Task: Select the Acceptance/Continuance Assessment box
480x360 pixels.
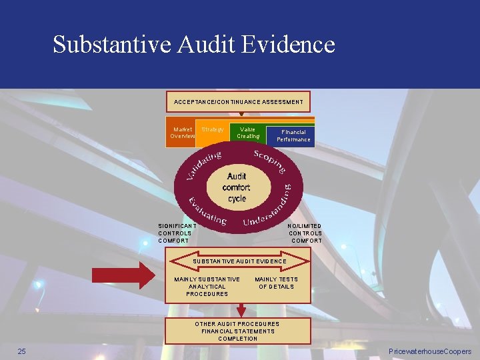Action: click(x=238, y=102)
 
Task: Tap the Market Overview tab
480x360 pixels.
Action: click(x=182, y=133)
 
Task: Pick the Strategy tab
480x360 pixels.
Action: click(x=212, y=129)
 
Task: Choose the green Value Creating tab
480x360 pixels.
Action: click(x=247, y=133)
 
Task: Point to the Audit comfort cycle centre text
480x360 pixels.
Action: click(x=237, y=187)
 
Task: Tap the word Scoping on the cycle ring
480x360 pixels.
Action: click(x=270, y=161)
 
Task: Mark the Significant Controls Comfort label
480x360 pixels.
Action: click(x=174, y=233)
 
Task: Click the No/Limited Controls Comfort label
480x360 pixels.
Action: click(x=305, y=233)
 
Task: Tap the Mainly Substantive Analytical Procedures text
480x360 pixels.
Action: click(x=207, y=287)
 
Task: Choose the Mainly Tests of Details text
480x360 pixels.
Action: click(x=276, y=283)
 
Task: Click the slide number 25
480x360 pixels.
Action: click(x=21, y=351)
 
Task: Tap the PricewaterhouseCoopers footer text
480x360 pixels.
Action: click(x=429, y=351)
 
